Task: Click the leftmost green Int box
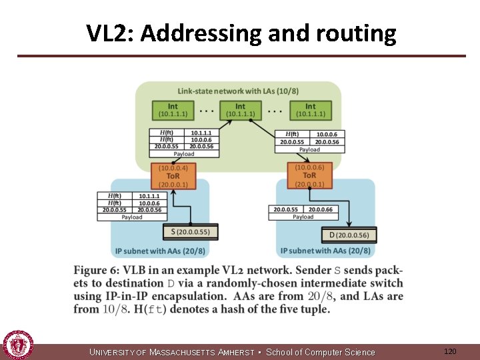point(173,110)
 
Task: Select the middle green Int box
point(240,110)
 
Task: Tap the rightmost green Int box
point(310,110)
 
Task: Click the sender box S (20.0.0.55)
point(190,232)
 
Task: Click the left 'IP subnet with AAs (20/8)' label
point(160,251)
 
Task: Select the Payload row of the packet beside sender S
point(132,217)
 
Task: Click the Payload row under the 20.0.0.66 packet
point(303,217)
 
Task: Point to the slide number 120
point(450,351)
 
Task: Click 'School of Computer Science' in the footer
point(321,352)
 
